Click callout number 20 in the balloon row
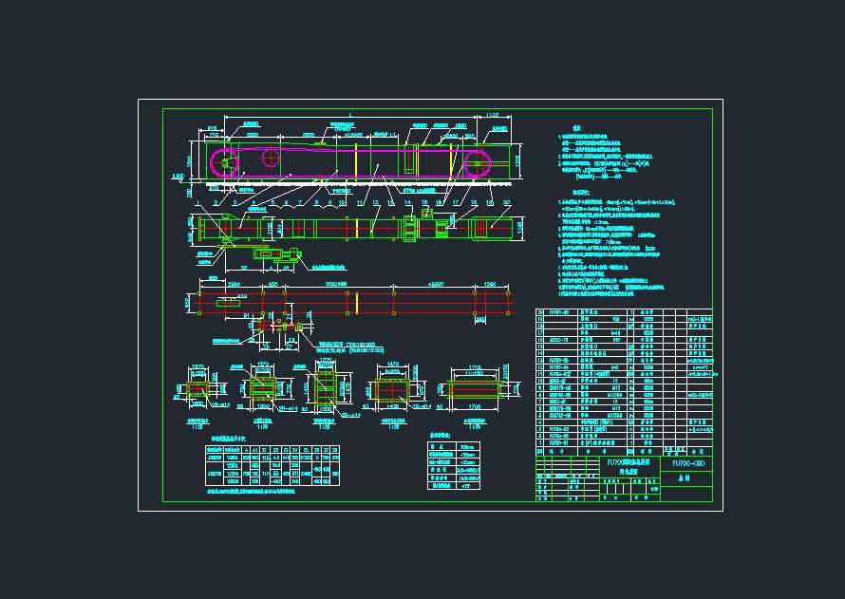pos(506,202)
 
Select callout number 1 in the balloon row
pos(197,202)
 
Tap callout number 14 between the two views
pos(408,202)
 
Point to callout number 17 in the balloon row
pos(456,202)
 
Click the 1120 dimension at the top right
pos(492,115)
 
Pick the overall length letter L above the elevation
pos(350,115)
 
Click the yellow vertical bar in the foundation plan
pos(355,303)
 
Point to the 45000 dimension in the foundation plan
pos(436,284)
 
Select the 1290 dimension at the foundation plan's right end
pos(490,284)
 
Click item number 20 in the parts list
pos(541,312)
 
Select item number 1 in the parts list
pos(541,441)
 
